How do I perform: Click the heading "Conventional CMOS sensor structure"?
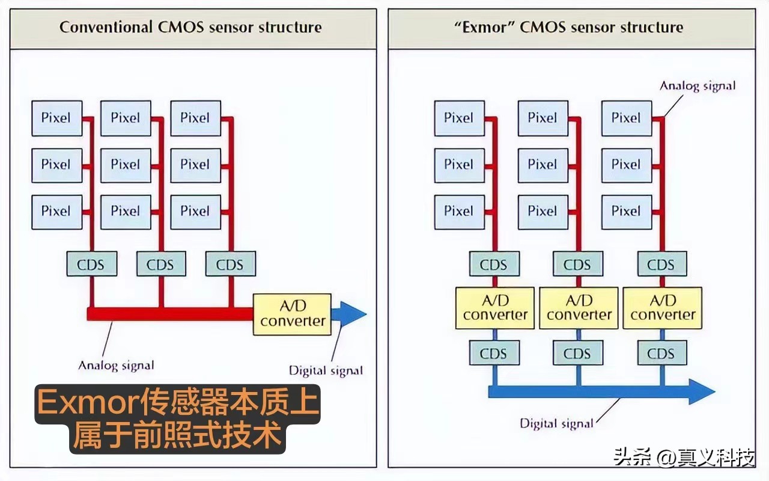click(x=190, y=27)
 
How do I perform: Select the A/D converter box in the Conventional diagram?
click(x=293, y=314)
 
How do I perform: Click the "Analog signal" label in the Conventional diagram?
click(x=117, y=365)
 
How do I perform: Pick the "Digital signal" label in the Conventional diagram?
click(x=326, y=370)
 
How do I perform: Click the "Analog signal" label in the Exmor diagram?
click(x=698, y=85)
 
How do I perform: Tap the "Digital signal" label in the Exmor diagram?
click(x=556, y=423)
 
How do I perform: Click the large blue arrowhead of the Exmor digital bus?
click(x=702, y=392)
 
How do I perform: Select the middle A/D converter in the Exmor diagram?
click(x=578, y=308)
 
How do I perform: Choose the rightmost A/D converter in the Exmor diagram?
click(x=662, y=308)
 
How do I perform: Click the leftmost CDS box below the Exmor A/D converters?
click(x=494, y=354)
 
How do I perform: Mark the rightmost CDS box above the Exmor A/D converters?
click(x=661, y=264)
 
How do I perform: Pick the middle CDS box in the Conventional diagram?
click(x=160, y=264)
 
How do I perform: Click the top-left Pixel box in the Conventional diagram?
click(x=56, y=118)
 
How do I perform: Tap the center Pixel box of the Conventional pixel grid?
click(x=126, y=164)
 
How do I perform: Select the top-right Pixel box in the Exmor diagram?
click(x=626, y=118)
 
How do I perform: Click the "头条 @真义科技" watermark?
click(x=684, y=459)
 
